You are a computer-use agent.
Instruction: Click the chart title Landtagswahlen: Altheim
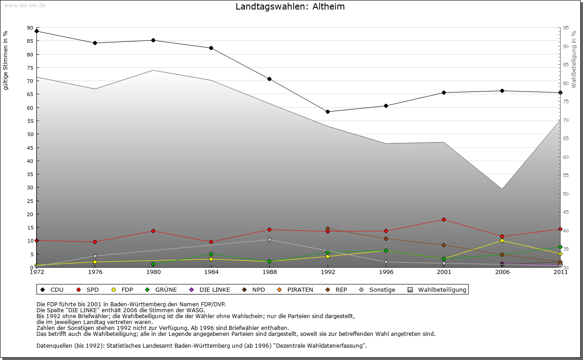point(290,7)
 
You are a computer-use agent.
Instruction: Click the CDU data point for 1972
point(37,31)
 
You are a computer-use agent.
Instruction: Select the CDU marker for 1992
point(328,112)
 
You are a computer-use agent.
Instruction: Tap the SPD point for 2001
point(444,220)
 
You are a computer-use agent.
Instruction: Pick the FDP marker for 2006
point(502,240)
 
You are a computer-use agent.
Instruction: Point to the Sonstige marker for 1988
point(270,239)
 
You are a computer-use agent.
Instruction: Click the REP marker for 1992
point(328,229)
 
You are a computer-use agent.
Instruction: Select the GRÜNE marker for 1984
point(211,254)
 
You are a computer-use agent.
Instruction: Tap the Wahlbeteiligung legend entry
point(438,289)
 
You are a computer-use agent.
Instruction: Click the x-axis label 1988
point(270,273)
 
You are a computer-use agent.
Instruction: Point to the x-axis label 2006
point(502,273)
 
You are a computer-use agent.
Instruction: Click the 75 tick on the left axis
point(30,68)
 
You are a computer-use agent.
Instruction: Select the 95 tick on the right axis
point(566,28)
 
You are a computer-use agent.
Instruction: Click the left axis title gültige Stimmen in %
point(6,60)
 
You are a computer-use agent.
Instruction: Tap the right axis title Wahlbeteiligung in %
point(574,59)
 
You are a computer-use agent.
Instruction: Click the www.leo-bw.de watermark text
point(25,5)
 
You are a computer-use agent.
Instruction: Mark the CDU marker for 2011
point(560,92)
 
